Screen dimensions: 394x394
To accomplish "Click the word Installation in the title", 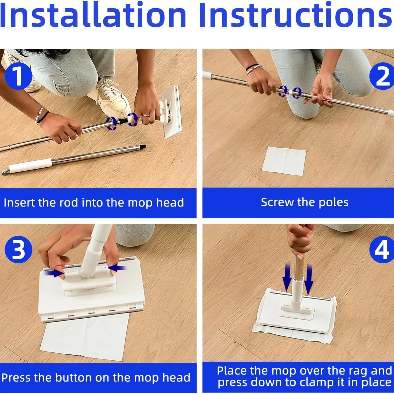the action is (93, 15).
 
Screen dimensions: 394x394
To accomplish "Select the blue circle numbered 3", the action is (18, 250).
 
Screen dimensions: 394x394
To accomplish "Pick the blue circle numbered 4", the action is (382, 250).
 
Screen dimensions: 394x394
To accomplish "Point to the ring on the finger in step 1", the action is (146, 116).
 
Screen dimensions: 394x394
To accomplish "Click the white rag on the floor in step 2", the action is (284, 161).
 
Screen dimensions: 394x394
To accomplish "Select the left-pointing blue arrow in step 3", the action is (117, 269).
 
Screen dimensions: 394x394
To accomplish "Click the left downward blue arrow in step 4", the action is (287, 278).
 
